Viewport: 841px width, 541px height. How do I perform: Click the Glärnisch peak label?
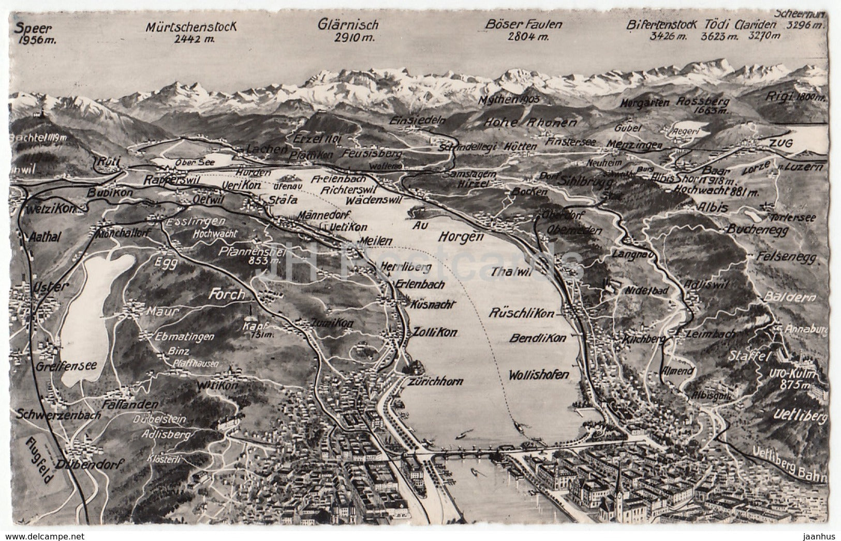click(x=348, y=30)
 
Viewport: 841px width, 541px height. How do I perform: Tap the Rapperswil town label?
click(x=165, y=180)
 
